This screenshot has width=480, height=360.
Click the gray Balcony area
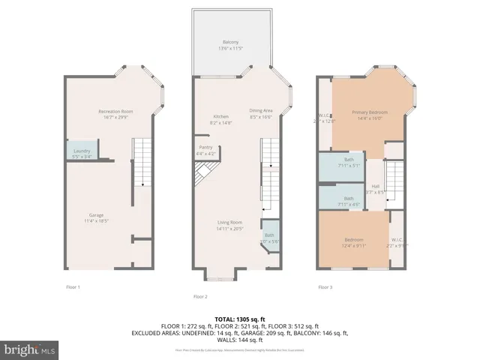click(x=230, y=44)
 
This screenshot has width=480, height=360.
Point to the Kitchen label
click(x=220, y=119)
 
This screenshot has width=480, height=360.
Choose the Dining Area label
click(x=260, y=114)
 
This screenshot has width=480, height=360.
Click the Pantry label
click(x=205, y=150)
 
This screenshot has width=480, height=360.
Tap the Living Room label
click(x=230, y=225)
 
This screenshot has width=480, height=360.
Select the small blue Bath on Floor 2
click(x=269, y=238)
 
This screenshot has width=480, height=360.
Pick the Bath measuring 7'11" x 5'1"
click(x=349, y=163)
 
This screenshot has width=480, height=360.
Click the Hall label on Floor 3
click(x=375, y=189)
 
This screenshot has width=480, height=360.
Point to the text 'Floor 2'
click(x=200, y=296)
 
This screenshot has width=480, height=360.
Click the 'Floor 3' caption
click(x=325, y=286)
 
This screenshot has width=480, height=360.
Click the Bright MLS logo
click(x=30, y=349)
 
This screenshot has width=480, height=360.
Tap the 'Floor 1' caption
click(x=73, y=286)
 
